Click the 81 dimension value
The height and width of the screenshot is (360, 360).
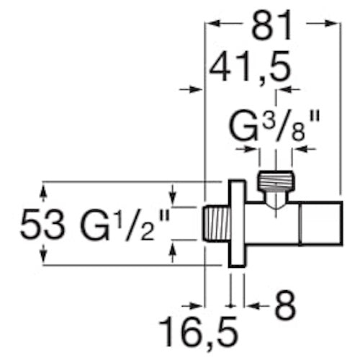tap(272, 26)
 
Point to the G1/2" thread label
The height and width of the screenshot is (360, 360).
tap(125, 225)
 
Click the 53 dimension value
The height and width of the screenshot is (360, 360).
tap(42, 223)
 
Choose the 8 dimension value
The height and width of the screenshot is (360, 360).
tap(285, 305)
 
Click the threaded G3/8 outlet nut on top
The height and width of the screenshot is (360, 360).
tap(276, 181)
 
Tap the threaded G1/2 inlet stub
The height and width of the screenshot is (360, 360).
tap(216, 224)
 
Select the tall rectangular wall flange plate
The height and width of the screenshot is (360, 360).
tap(237, 223)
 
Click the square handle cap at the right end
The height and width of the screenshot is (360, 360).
tap(321, 224)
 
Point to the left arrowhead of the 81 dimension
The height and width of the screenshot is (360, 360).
tap(214, 24)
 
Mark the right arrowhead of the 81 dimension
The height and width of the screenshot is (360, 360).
tap(331, 24)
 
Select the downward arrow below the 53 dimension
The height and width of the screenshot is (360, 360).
tap(43, 254)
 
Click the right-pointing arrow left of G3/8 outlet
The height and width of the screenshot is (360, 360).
tap(246, 149)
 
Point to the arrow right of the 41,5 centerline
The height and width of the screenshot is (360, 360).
tap(289, 89)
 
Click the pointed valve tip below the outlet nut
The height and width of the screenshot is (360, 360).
tap(276, 203)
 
